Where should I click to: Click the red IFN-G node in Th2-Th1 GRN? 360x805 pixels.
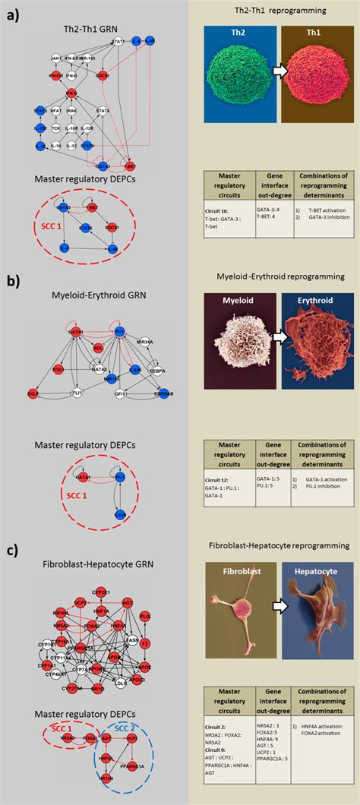55,76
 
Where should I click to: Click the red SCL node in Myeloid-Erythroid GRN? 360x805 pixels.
98,347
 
